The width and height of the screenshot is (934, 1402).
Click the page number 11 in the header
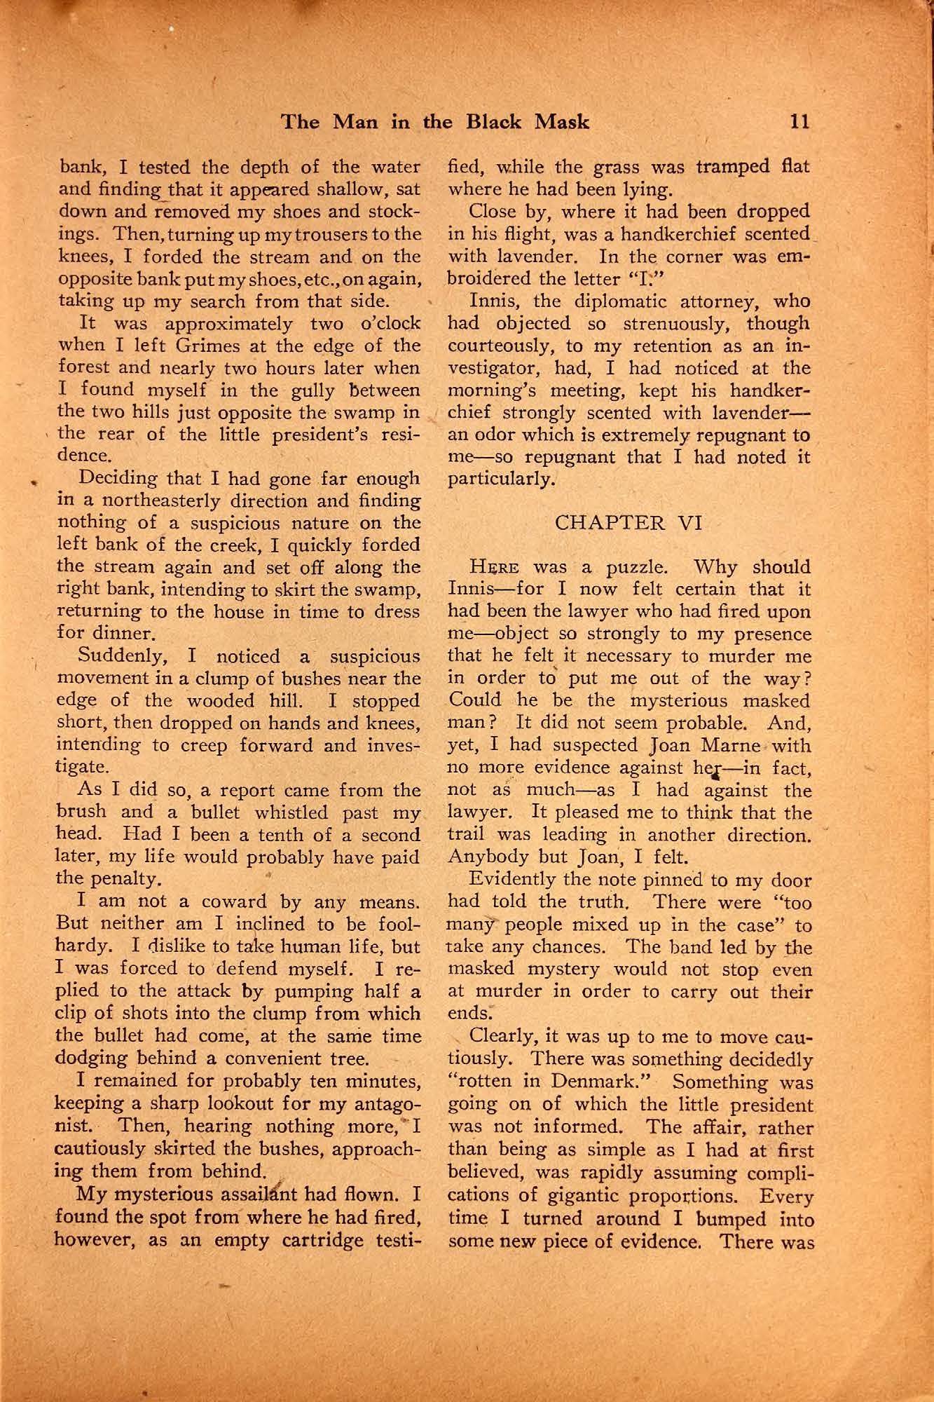[x=799, y=122]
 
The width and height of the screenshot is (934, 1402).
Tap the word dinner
[x=122, y=635]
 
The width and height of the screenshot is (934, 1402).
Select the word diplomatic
[x=606, y=301]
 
